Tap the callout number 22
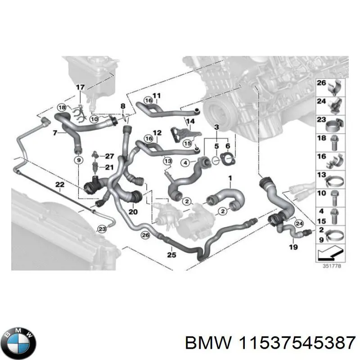coord(59,184)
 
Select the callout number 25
coord(171,255)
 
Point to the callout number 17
coord(80,87)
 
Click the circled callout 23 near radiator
coord(103,229)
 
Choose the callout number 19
coord(293,247)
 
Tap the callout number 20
coord(133,211)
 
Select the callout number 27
coord(110,157)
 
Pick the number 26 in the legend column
coord(321,83)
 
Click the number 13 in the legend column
coord(321,175)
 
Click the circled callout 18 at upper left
coord(62,107)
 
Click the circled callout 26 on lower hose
coord(145,234)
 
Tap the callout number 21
coord(110,167)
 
